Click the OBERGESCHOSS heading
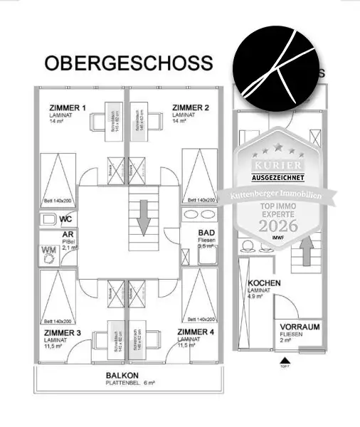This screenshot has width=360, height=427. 128,63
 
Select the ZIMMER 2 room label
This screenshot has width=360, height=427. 191,108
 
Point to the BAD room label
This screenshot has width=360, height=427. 206,233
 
